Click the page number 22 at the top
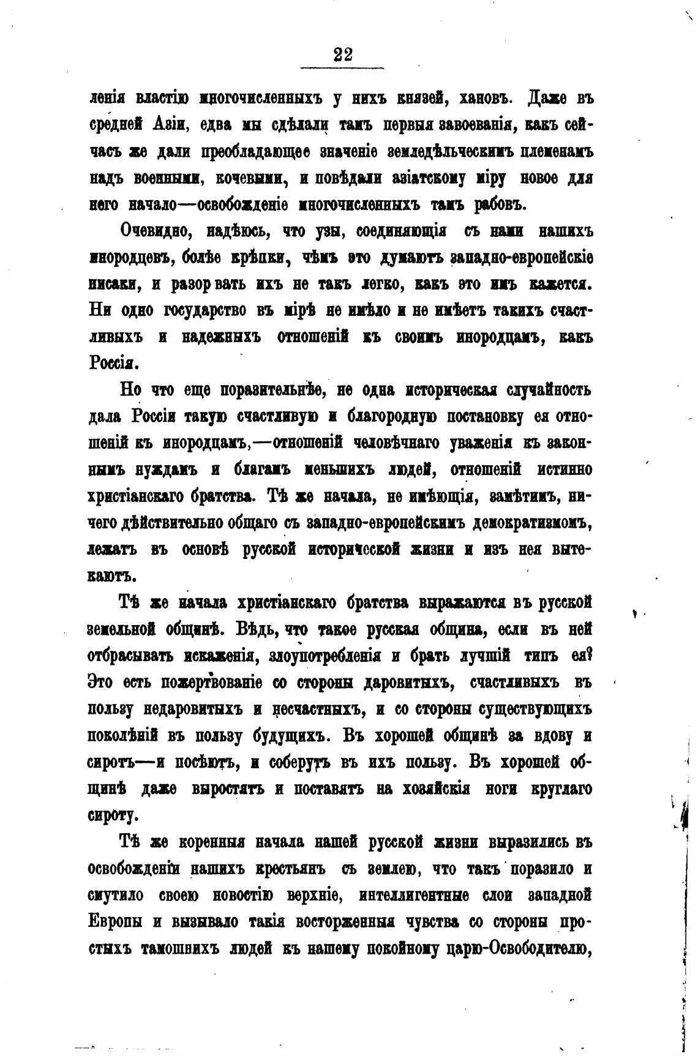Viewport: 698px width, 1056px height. pos(343,54)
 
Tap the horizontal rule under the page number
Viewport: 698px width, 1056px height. pos(343,67)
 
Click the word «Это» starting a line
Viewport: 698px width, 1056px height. pos(104,683)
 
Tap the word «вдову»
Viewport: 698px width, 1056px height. pos(555,736)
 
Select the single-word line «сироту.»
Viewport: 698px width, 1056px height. pos(114,815)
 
